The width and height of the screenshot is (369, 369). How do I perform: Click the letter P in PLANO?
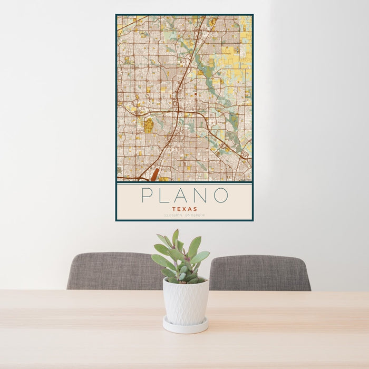[147, 195]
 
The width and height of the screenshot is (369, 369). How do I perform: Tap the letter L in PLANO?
[166, 195]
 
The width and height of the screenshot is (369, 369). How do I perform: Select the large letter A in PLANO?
[184, 195]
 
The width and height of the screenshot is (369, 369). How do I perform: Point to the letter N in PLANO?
[203, 195]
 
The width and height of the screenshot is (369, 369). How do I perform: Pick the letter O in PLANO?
[221, 195]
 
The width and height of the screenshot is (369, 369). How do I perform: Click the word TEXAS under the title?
[184, 209]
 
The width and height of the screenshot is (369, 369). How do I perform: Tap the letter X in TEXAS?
[184, 209]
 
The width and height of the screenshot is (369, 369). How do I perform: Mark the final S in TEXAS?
[195, 209]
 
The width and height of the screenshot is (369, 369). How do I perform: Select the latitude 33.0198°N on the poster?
[173, 215]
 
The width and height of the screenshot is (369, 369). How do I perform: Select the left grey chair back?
[113, 271]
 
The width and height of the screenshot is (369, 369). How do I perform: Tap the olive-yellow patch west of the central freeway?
[149, 125]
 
